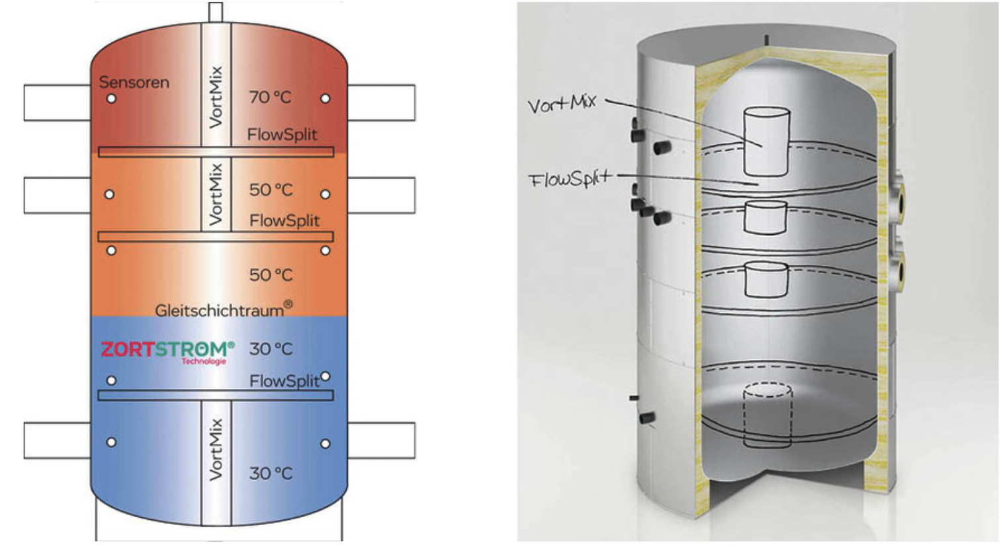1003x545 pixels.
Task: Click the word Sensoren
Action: tap(134, 82)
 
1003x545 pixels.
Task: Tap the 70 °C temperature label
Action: tap(270, 97)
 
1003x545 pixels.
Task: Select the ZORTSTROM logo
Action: tap(167, 349)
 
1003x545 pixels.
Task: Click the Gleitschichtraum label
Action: tap(224, 309)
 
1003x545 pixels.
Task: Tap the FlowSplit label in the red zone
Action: tap(282, 134)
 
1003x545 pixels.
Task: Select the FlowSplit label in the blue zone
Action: tap(284, 381)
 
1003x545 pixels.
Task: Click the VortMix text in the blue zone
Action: tap(216, 449)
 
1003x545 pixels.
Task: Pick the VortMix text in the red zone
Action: tap(216, 97)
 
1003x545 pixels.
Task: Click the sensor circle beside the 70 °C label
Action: tap(326, 99)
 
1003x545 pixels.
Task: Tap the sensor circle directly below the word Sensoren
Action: tap(111, 99)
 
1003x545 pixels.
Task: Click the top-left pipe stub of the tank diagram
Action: tap(58, 103)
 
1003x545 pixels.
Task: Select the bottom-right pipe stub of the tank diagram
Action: tap(382, 440)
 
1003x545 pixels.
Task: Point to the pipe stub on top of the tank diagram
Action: tap(216, 12)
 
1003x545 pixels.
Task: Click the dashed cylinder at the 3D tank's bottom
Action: tap(767, 415)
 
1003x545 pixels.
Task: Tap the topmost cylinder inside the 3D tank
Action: tap(766, 142)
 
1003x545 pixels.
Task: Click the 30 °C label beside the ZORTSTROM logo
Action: tap(271, 349)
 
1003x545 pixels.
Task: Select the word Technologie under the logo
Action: tap(204, 362)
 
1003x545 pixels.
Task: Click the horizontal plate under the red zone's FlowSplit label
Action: tap(216, 152)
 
